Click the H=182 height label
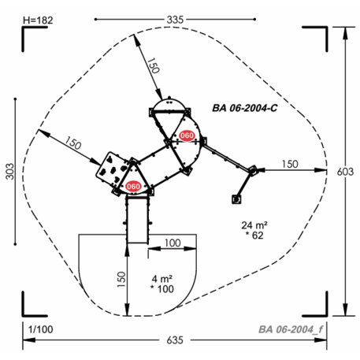pos(38,20)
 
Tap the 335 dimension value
pos(175,20)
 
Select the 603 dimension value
pos(345,172)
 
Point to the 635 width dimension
pos(175,340)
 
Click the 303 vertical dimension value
pos(10,172)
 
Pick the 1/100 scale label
pos(40,329)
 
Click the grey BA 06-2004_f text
pos(291,329)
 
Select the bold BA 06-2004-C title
pos(245,108)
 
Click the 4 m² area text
pos(162,279)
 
